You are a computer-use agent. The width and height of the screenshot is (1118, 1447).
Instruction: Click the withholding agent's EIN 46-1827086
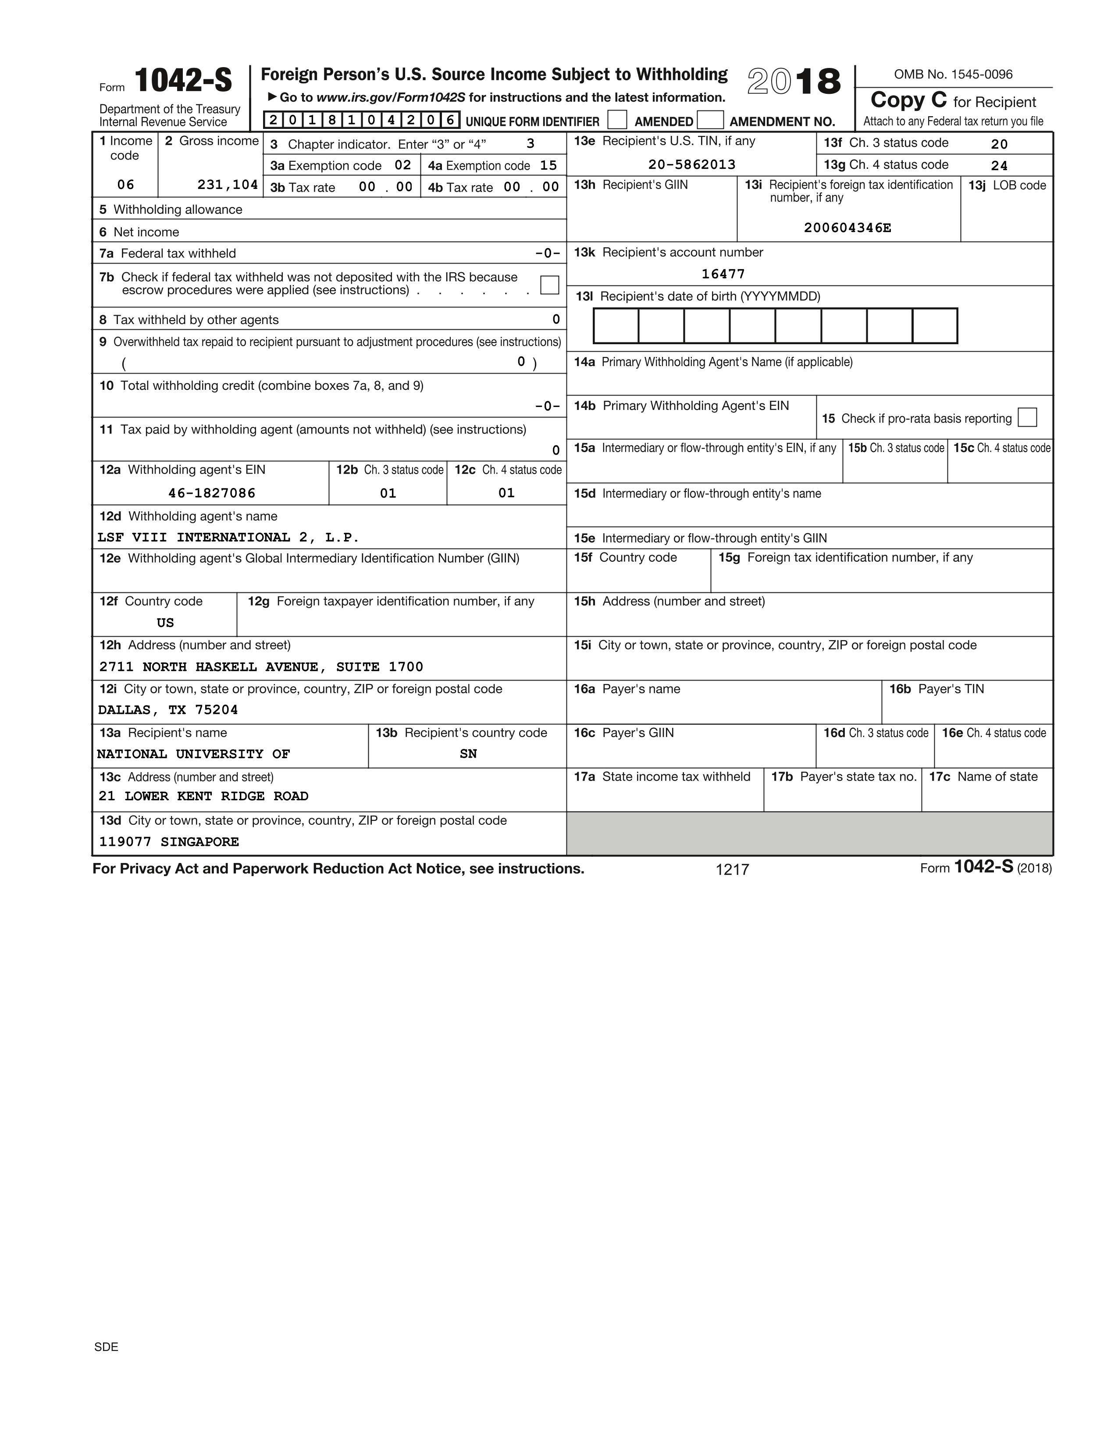tap(211, 493)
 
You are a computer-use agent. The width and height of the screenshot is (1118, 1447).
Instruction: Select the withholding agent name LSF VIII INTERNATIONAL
tap(228, 537)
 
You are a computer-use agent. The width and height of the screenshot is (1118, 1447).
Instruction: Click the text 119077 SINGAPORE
tap(169, 842)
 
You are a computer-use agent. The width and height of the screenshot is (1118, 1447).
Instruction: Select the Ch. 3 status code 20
tap(999, 144)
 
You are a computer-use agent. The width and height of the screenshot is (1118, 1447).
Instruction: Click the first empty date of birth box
tap(616, 326)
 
